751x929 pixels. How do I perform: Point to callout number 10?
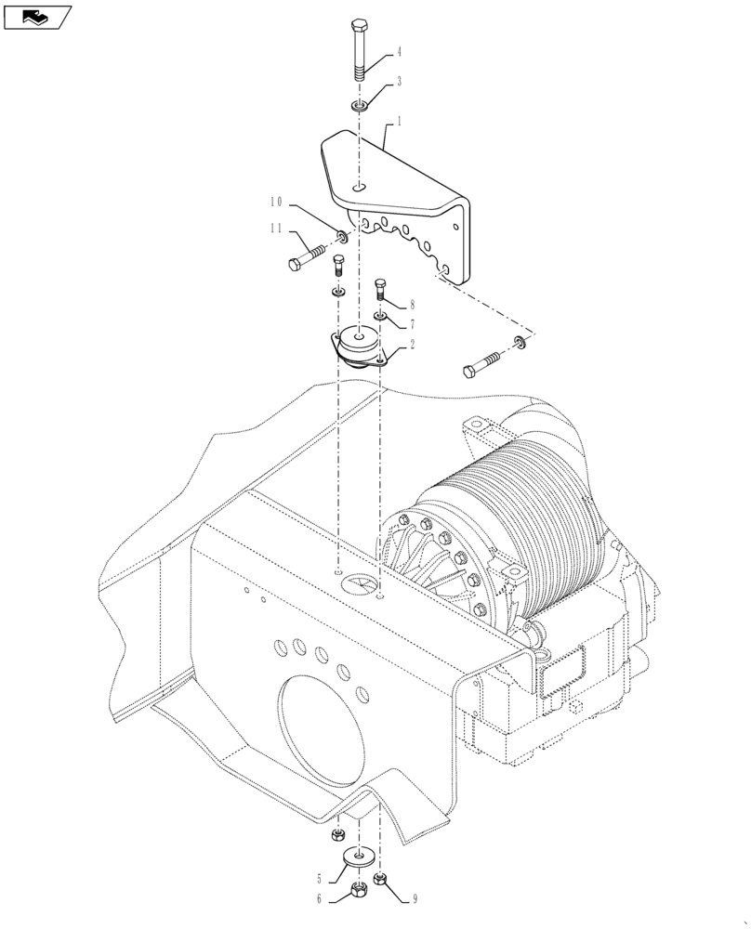click(x=276, y=202)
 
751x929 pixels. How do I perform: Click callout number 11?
click(x=276, y=229)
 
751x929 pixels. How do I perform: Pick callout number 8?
click(x=412, y=305)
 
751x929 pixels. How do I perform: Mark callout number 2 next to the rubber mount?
click(x=412, y=343)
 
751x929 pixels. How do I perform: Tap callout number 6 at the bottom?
click(x=319, y=898)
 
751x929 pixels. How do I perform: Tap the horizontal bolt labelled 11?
click(x=308, y=256)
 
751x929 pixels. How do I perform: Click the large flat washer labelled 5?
click(x=358, y=855)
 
